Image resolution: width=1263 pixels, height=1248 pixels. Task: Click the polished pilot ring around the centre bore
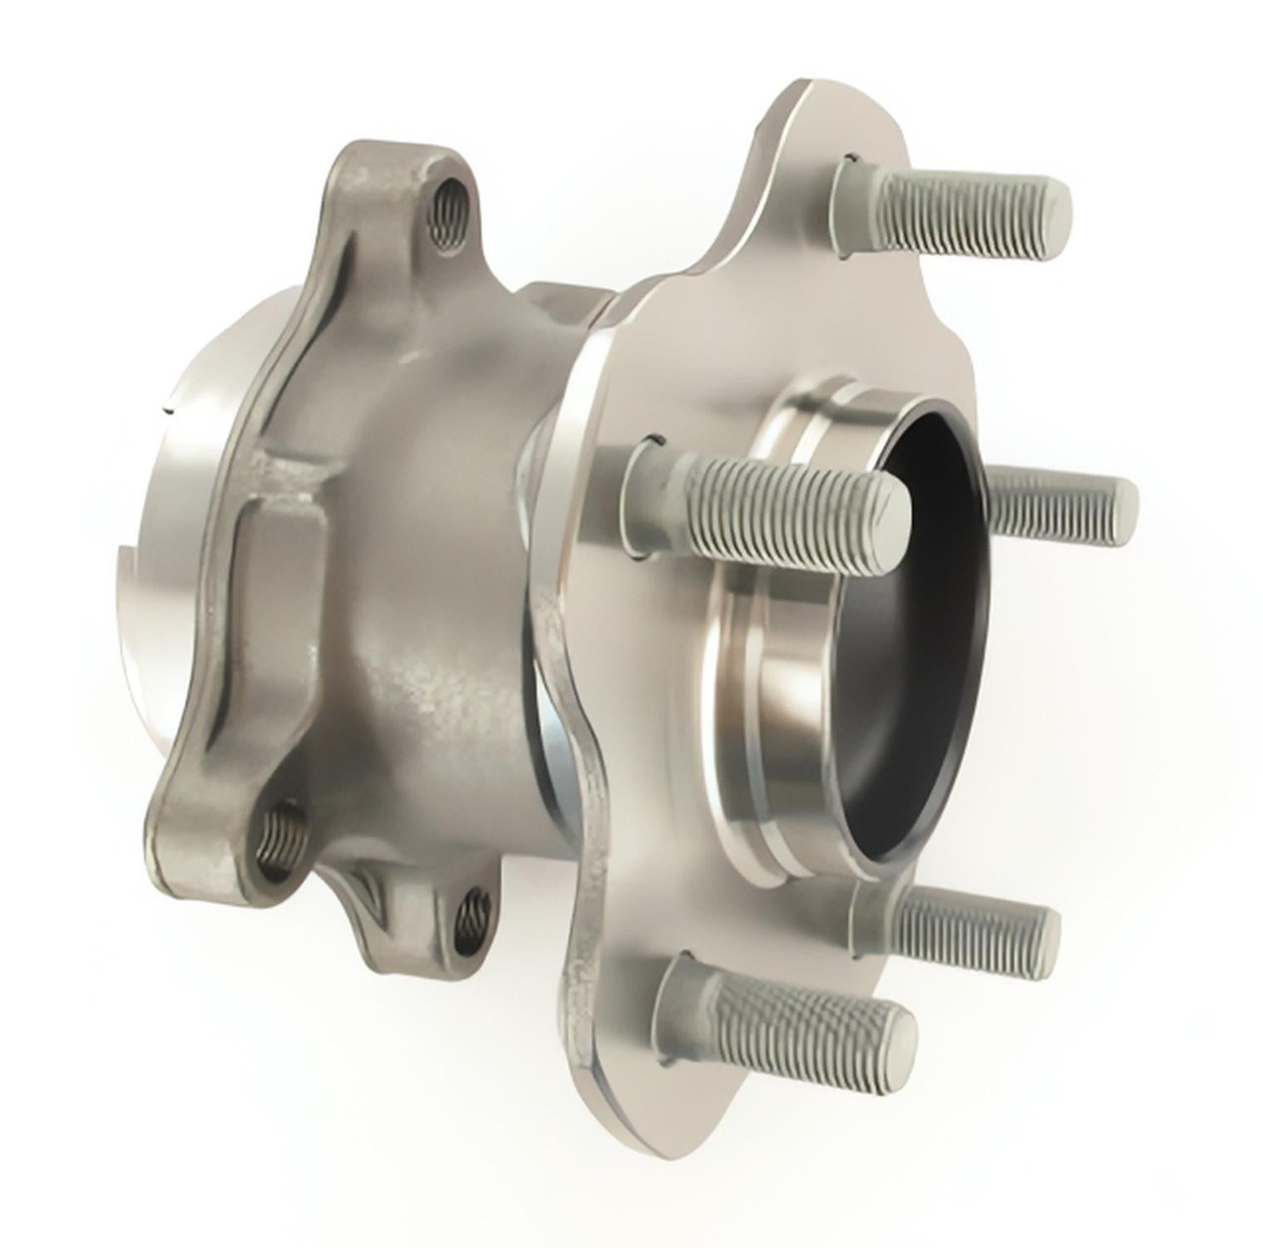773,690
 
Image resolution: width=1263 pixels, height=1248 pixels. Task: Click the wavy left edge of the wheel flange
574,748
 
